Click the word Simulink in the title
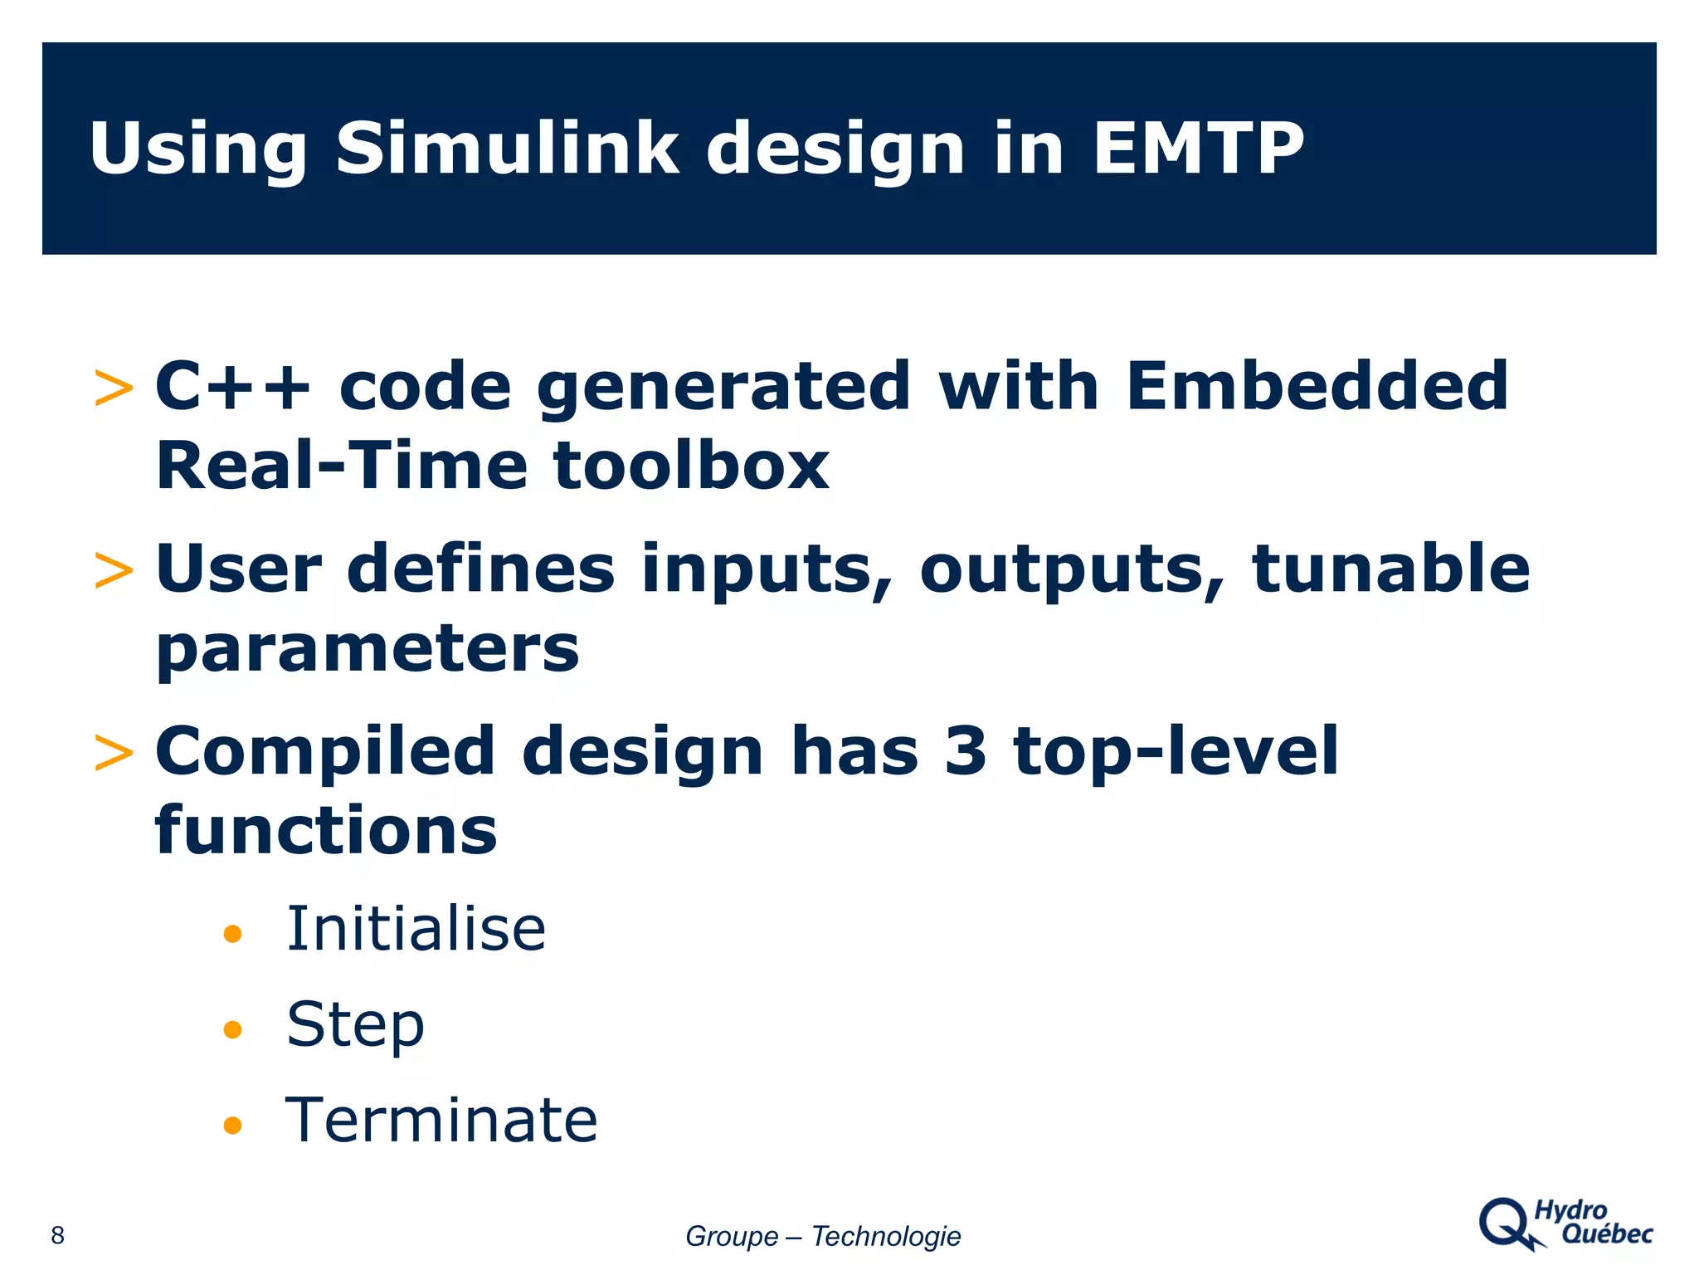click(x=506, y=149)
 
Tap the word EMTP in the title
click(x=1198, y=149)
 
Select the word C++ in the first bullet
click(x=233, y=387)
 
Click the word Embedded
click(x=1317, y=387)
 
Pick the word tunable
click(x=1390, y=569)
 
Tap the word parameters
click(x=368, y=650)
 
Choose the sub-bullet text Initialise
click(x=416, y=930)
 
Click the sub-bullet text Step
click(x=355, y=1026)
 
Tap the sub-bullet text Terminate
click(x=441, y=1121)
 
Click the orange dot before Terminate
click(x=232, y=1126)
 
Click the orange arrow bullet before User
click(x=114, y=571)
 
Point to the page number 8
click(x=57, y=1235)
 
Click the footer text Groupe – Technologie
click(x=822, y=1236)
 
